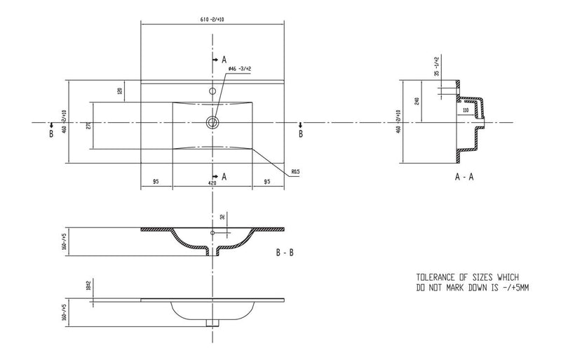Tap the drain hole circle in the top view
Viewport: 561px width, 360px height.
coord(211,123)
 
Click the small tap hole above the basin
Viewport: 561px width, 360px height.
coord(211,91)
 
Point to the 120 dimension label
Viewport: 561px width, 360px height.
coord(120,92)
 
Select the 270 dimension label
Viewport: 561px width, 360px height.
coord(88,126)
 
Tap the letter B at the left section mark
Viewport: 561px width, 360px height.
coord(51,133)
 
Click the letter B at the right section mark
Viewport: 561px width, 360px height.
coord(302,133)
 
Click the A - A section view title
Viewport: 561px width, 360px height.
coord(464,177)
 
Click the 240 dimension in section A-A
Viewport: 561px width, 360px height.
coord(417,102)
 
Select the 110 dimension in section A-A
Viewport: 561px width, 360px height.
coord(466,110)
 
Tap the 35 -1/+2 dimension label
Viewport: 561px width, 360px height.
coord(437,66)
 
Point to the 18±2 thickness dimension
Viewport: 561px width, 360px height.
coord(88,285)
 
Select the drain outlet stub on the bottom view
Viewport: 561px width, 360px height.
coord(210,322)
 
